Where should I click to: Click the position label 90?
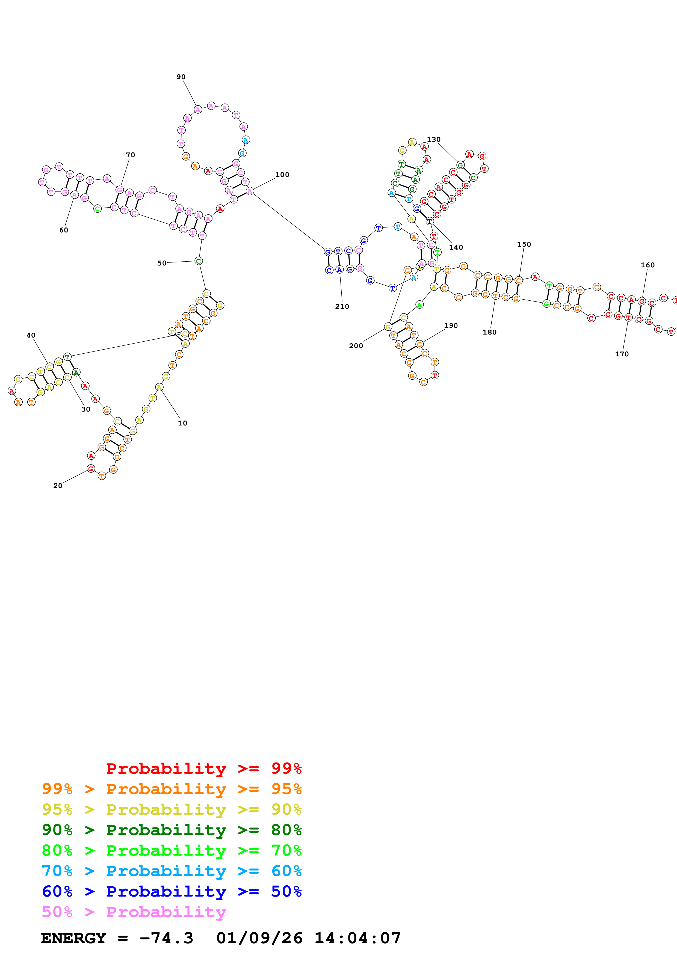coord(181,77)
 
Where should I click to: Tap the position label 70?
coord(130,155)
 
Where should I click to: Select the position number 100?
coord(282,175)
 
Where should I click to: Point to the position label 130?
coord(433,139)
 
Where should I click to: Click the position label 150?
coord(524,244)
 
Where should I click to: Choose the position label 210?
coord(342,306)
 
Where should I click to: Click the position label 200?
coord(356,345)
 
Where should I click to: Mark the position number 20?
coord(58,485)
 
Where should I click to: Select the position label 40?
coord(31,335)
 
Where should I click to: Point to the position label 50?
coord(161,263)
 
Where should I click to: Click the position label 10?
coord(182,423)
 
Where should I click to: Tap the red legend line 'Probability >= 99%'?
coord(203,768)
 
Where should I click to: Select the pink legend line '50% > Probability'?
coord(134,912)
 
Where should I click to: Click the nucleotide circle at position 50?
coord(199,261)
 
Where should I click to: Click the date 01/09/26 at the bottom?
coord(259,938)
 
